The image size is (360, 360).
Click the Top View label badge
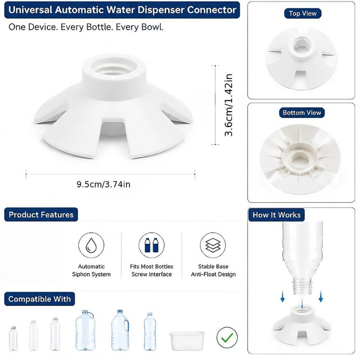[302, 13]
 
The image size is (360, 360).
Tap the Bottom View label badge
[301, 113]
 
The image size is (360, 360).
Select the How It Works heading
[276, 215]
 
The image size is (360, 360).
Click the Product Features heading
[41, 215]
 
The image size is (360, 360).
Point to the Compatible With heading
[40, 299]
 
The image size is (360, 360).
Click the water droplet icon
[91, 245]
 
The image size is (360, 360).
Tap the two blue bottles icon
[152, 245]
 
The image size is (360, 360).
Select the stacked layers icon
[213, 245]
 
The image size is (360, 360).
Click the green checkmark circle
[227, 337]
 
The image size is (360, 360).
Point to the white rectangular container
[187, 341]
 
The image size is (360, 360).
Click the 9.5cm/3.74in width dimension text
[103, 184]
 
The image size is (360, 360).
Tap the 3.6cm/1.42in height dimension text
[229, 105]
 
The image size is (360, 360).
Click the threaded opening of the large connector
[114, 66]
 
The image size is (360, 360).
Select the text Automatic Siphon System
[91, 270]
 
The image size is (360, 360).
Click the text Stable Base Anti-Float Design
[213, 270]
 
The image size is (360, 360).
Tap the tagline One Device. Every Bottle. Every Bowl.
[86, 27]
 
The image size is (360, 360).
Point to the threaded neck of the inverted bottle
[302, 286]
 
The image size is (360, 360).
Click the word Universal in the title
[30, 10]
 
